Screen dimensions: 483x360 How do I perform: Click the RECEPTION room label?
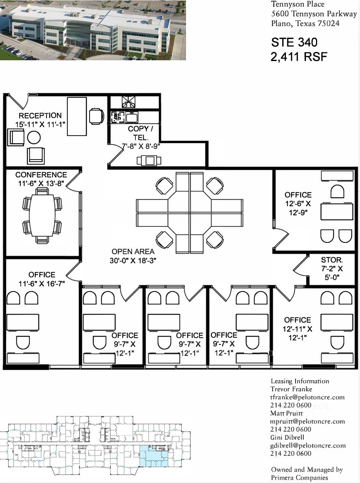tap(40, 116)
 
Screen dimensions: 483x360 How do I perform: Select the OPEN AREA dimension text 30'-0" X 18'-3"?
tap(133, 260)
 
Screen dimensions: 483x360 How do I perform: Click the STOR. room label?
tap(332, 260)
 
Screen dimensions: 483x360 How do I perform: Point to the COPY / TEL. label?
tap(140, 133)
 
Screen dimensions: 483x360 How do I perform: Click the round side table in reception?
tap(34, 137)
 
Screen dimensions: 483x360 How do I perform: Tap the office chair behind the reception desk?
tap(97, 116)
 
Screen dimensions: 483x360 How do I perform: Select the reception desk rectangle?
tap(77, 116)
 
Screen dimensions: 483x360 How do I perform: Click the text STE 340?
tap(294, 42)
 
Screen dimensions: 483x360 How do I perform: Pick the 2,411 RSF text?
tap(299, 57)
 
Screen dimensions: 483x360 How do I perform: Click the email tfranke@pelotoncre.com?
tap(307, 397)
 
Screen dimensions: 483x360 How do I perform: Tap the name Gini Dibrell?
tap(287, 437)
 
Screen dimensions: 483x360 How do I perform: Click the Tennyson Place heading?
tap(297, 4)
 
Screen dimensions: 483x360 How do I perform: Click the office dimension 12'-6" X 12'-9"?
tap(298, 208)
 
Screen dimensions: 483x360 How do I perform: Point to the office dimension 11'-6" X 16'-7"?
tap(42, 284)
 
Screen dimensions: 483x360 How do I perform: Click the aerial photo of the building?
tap(93, 30)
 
